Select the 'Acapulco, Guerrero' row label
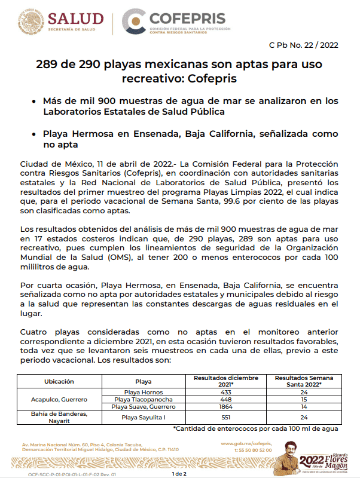(59, 399)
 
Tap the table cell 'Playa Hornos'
(144, 391)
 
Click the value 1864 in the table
(225, 406)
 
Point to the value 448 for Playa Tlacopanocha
(225, 399)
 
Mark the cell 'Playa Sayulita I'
(144, 417)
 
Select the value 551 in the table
(225, 417)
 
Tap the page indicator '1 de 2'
(179, 473)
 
